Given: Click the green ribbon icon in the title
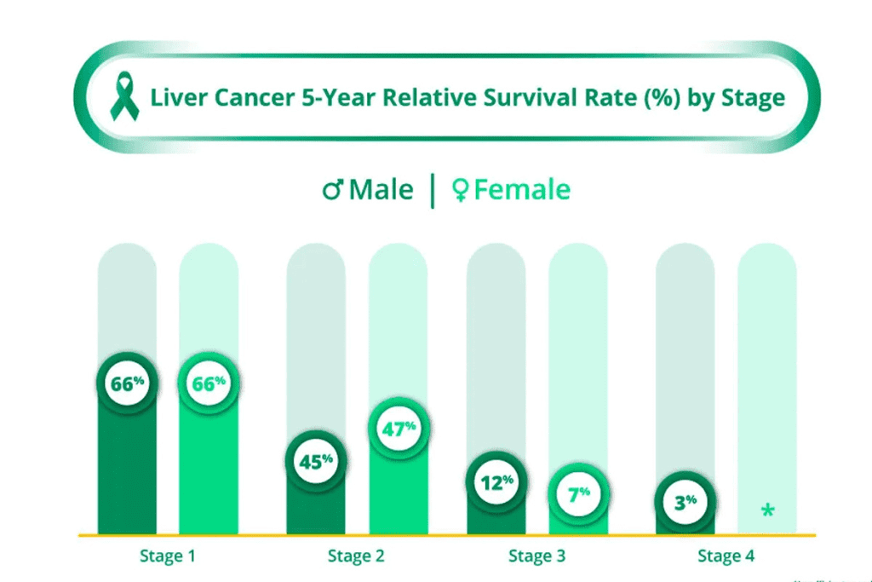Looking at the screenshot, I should coord(124,96).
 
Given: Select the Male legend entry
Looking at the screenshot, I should coord(368,189).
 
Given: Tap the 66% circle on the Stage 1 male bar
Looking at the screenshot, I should coord(127,384).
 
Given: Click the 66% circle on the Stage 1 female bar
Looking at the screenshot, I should coord(208,384).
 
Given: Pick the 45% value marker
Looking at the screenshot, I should coord(316,461).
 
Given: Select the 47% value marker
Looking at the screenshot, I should coord(398,429).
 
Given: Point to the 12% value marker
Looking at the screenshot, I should coord(496,482).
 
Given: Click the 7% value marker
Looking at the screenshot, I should coord(577,495).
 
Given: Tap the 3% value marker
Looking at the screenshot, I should coord(685,502).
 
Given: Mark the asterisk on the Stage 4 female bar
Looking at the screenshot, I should coord(767,510).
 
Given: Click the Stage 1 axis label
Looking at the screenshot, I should coord(168,556).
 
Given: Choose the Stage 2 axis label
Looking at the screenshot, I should coord(356,556).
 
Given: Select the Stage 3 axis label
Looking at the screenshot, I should coord(536,556).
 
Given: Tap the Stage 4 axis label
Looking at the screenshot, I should coord(726,556).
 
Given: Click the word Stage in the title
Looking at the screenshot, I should coord(753,97).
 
